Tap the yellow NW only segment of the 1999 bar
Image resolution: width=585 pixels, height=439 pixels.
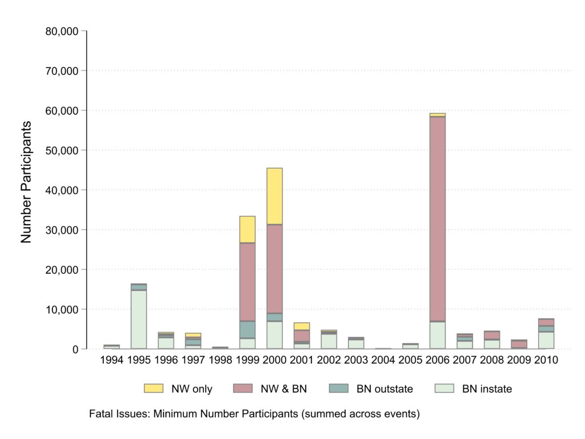[247, 229]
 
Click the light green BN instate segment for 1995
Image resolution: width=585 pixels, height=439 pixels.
[139, 320]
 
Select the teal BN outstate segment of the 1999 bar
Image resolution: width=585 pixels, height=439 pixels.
[247, 329]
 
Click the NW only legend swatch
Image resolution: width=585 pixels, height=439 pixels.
[154, 389]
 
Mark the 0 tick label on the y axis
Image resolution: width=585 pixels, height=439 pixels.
[75, 349]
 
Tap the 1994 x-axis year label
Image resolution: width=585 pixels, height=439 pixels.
[112, 361]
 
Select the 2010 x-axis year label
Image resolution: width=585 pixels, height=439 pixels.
[546, 361]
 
